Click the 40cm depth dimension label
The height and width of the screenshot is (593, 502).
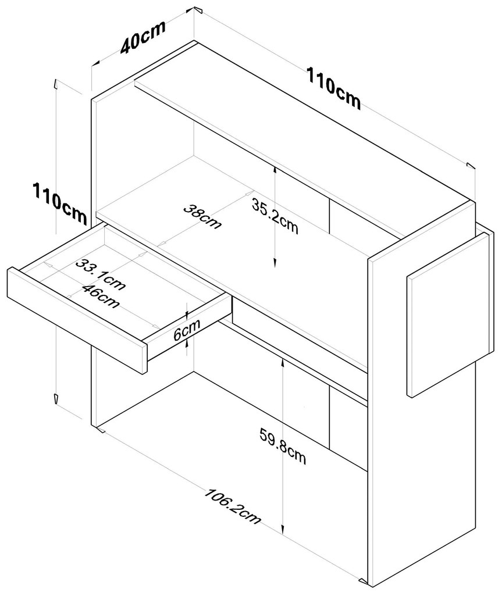pyautogui.click(x=143, y=38)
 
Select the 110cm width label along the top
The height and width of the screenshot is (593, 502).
pyautogui.click(x=333, y=89)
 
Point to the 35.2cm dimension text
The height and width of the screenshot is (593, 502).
pyautogui.click(x=275, y=215)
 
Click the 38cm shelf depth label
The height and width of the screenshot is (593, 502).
pyautogui.click(x=202, y=216)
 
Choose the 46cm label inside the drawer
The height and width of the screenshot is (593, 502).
pyautogui.click(x=101, y=295)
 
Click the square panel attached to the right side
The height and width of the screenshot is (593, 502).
pyautogui.click(x=447, y=314)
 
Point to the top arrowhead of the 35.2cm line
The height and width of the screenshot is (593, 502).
pyautogui.click(x=275, y=169)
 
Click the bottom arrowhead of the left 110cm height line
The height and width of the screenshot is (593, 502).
pyautogui.click(x=55, y=399)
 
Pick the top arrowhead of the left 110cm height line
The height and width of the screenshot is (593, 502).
pyautogui.click(x=55, y=83)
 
